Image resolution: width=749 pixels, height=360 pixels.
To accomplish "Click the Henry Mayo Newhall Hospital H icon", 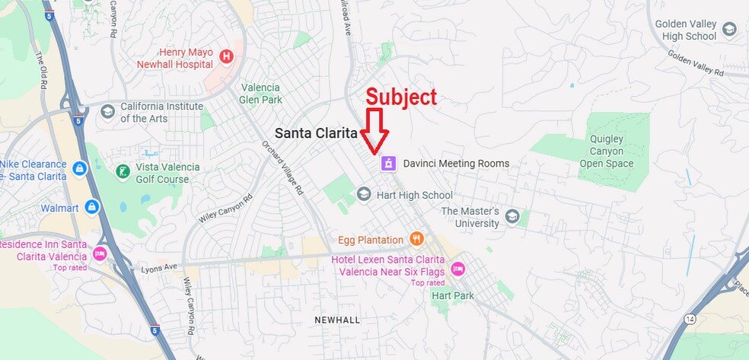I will tap(225, 56).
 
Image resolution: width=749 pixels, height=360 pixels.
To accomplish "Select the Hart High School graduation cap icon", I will tap(364, 196).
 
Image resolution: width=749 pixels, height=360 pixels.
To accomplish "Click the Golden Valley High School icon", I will tap(729, 30).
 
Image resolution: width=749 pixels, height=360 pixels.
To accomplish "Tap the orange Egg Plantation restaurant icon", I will tap(416, 240).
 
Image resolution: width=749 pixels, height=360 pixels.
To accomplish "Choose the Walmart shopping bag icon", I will tap(92, 207).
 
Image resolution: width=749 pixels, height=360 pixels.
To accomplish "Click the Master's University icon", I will tap(512, 218).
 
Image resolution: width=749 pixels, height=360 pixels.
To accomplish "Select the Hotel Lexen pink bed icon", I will tap(457, 268).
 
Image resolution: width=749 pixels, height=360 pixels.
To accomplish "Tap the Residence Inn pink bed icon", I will tap(99, 253).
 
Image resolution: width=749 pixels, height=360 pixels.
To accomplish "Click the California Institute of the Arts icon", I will tap(107, 112).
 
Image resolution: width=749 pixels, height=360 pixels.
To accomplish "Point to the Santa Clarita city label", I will tap(315, 132).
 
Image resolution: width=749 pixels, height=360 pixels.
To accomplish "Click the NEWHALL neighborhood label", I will tap(337, 320).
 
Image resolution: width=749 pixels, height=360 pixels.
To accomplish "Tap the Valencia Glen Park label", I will tap(261, 94).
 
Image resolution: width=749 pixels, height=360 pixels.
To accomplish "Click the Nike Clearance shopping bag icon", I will tap(79, 167).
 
